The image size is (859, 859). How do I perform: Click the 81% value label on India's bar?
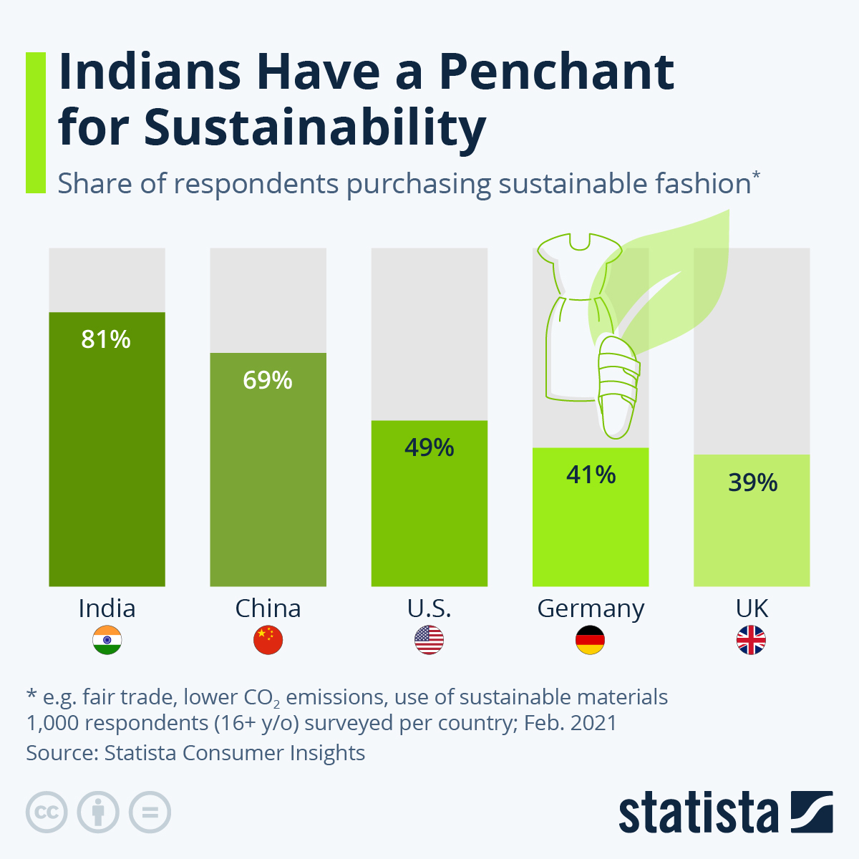106,339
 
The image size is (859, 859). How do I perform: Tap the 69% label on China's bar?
268,379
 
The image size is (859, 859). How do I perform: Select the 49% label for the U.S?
429,447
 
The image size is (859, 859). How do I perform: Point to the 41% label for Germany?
591,475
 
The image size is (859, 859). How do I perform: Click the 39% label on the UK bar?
752,482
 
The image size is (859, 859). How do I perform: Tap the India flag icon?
107,640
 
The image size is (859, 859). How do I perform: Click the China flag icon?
268,640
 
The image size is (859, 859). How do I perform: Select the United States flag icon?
429,640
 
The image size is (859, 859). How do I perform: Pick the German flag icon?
591,640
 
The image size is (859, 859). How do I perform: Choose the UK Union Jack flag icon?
752,640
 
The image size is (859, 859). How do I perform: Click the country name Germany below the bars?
591,608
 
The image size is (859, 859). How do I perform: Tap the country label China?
268,608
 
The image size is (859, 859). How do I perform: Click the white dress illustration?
573,315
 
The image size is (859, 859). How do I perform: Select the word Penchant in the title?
555,72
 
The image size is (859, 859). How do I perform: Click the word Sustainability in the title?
315,127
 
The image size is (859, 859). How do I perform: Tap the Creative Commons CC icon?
47,812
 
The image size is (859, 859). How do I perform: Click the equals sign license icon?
150,812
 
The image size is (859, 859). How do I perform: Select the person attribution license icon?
98,812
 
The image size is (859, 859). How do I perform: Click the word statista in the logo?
698,812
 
